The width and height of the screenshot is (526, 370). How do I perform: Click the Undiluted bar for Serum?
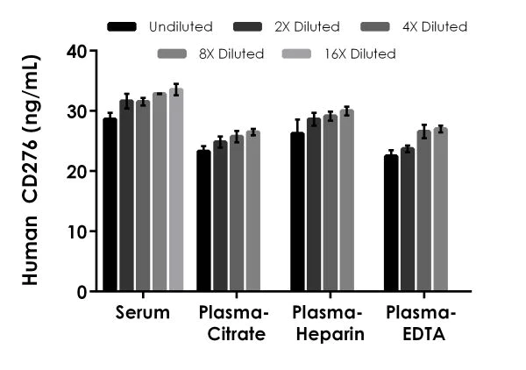[x=110, y=204]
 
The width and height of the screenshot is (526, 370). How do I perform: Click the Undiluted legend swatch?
[x=124, y=27]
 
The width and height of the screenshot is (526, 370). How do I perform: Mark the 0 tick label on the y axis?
[x=81, y=291]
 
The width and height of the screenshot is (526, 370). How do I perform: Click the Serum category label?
[x=142, y=313]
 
